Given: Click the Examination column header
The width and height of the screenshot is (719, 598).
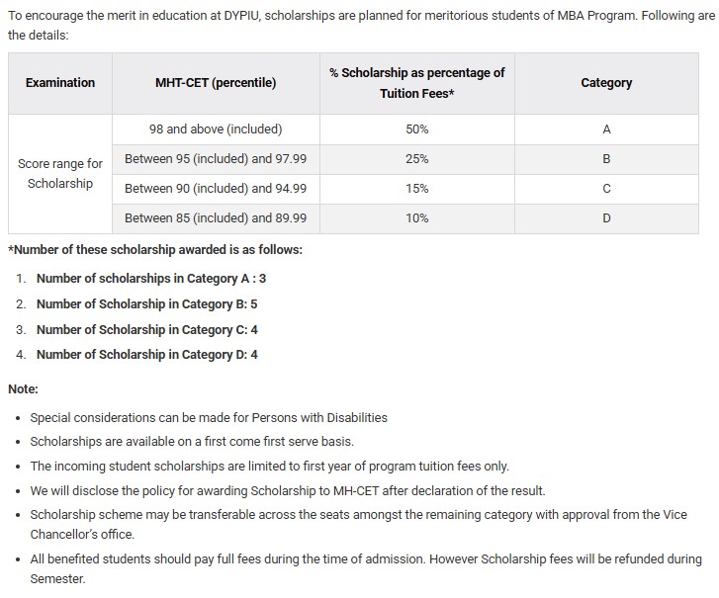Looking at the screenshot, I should tap(60, 83).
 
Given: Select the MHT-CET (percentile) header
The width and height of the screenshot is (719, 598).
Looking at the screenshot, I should tap(216, 83).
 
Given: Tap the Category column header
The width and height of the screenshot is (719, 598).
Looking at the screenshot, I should tap(606, 83).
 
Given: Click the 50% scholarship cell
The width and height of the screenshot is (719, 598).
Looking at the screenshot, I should tap(416, 129).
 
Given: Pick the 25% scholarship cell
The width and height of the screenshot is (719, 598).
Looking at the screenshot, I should tap(416, 159).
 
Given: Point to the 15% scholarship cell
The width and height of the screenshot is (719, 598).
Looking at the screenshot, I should tap(416, 189).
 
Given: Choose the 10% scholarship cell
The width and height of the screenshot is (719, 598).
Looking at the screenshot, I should tap(416, 218).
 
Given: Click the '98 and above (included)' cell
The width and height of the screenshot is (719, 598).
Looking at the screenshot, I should tap(216, 129).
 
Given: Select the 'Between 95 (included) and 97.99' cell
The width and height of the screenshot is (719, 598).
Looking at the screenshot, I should tap(216, 159).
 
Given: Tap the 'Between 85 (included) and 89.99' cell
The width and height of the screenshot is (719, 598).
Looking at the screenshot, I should tap(216, 218).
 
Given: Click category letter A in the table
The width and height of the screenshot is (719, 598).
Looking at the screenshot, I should tap(606, 129).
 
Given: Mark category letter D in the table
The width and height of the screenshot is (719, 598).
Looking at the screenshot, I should tap(606, 218).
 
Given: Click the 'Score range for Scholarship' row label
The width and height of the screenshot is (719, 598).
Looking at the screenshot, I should tap(60, 174).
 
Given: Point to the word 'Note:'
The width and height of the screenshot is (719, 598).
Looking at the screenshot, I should tap(23, 389).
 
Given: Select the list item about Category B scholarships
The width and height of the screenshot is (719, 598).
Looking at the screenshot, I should tap(146, 304).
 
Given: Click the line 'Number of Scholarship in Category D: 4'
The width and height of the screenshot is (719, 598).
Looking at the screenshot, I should tap(146, 354).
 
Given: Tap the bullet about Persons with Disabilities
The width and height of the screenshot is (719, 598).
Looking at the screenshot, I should tap(209, 418).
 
